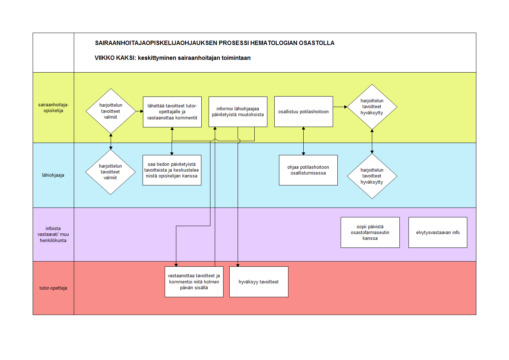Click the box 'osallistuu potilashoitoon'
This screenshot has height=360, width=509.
[303, 111]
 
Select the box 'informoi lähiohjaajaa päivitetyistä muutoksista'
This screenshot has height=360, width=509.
[238, 111]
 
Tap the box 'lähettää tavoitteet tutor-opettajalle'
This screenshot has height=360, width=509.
[172, 112]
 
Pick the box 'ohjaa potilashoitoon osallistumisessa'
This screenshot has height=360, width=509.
[308, 170]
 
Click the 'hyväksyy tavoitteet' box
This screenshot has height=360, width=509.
[259, 282]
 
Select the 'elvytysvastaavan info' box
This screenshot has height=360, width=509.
[438, 232]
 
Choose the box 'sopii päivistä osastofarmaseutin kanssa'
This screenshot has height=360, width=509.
[370, 232]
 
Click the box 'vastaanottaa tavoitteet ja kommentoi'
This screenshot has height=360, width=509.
[194, 282]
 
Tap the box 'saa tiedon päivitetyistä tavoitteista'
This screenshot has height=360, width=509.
[172, 170]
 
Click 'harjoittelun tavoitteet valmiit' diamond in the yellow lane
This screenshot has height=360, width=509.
[111, 111]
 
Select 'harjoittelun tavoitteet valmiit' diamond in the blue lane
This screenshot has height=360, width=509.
[110, 172]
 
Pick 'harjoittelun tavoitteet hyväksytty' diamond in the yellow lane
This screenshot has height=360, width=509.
[372, 107]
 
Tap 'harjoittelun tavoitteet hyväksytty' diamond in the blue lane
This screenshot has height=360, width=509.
[372, 176]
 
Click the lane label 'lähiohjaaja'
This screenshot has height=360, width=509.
[53, 175]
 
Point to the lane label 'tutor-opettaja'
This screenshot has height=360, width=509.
[53, 288]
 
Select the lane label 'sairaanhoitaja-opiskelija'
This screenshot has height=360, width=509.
[53, 108]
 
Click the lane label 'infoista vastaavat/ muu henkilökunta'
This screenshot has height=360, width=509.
[53, 234]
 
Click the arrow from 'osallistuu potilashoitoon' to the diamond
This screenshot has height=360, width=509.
[340, 107]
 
